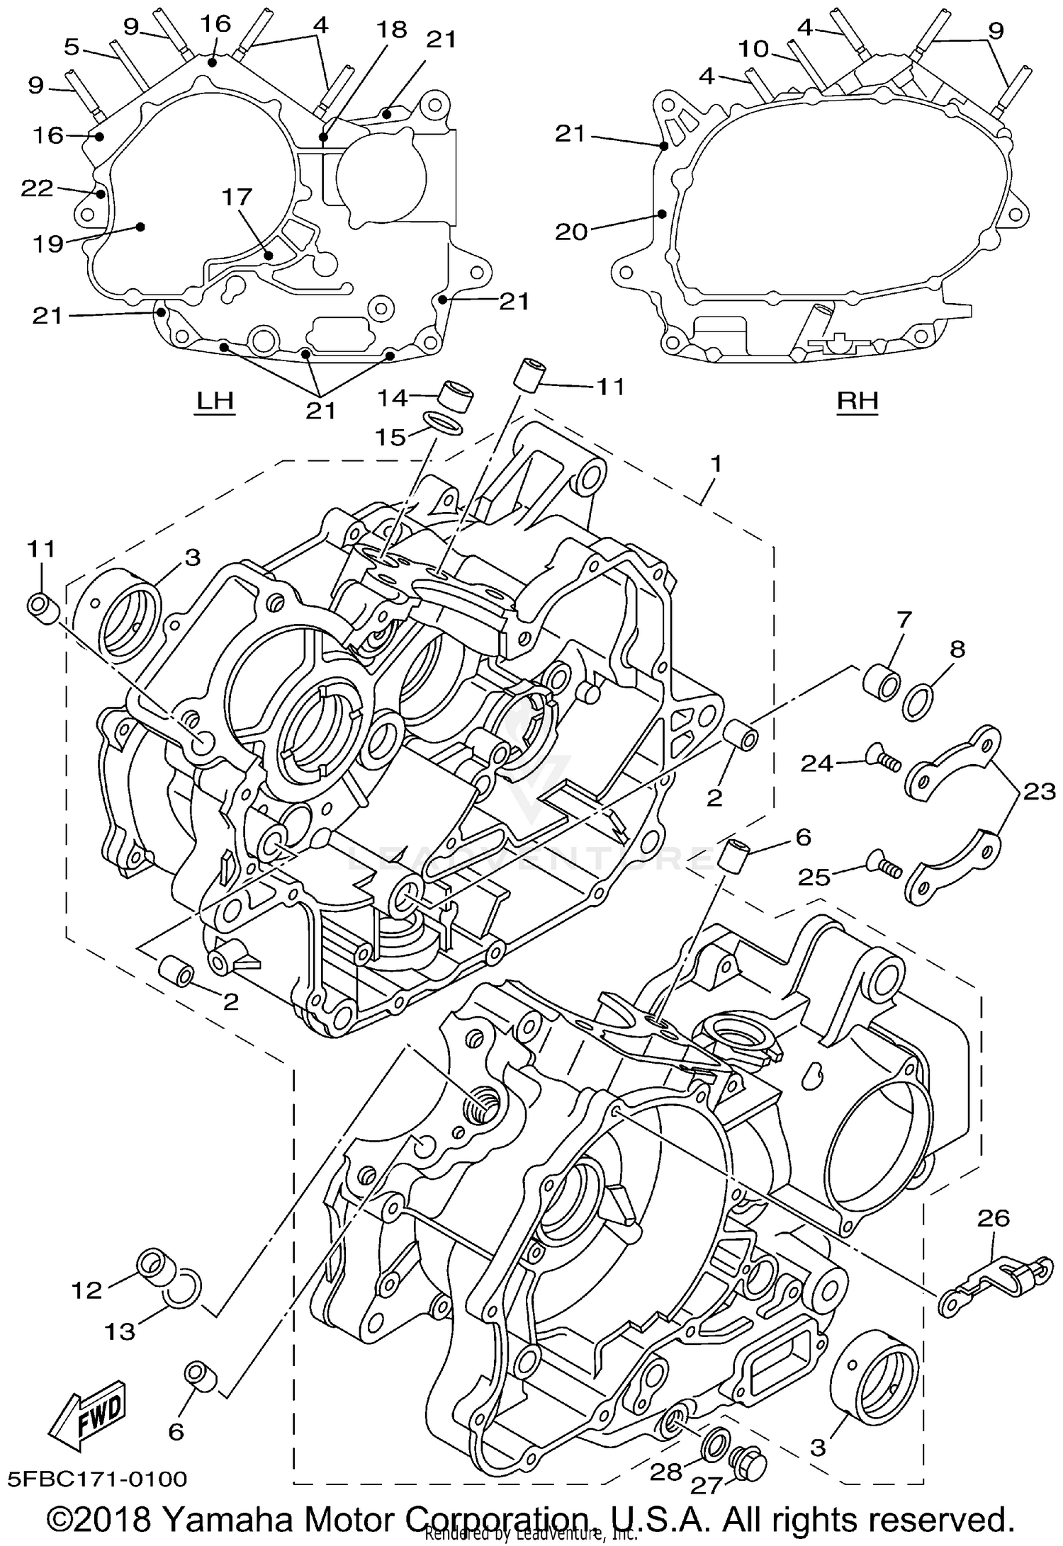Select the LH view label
(x=214, y=402)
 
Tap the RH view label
(x=857, y=402)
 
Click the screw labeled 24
(x=884, y=763)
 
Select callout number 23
(x=1040, y=791)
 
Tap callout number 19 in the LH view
(x=48, y=244)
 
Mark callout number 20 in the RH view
(x=571, y=231)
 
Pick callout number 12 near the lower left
(x=86, y=1290)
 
